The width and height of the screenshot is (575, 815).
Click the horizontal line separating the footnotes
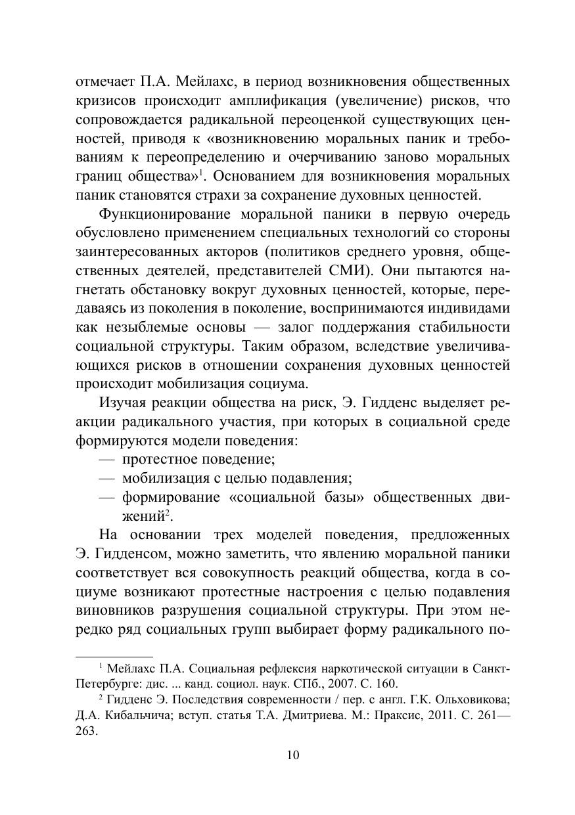pos(114,656)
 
